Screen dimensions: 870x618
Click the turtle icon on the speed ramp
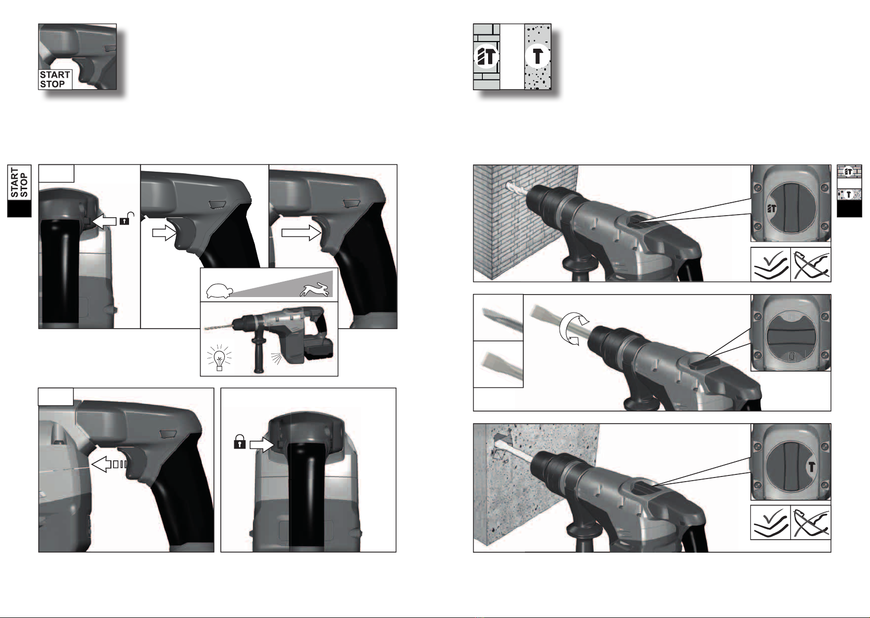tap(219, 290)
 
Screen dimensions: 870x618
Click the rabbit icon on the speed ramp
tap(315, 289)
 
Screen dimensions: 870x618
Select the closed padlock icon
tap(239, 442)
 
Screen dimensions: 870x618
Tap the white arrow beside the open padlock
tap(105, 221)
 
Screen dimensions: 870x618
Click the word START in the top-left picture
tap(55, 75)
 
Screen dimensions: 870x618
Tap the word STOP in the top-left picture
tap(52, 84)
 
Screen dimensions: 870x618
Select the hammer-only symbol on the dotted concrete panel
tap(537, 57)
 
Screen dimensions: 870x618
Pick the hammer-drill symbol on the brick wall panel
tap(486, 57)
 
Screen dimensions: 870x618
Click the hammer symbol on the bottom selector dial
tap(811, 466)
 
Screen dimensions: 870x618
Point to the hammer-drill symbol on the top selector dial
tap(772, 209)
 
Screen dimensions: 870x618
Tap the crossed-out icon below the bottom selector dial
tap(810, 523)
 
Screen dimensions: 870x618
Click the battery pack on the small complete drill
tap(320, 348)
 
